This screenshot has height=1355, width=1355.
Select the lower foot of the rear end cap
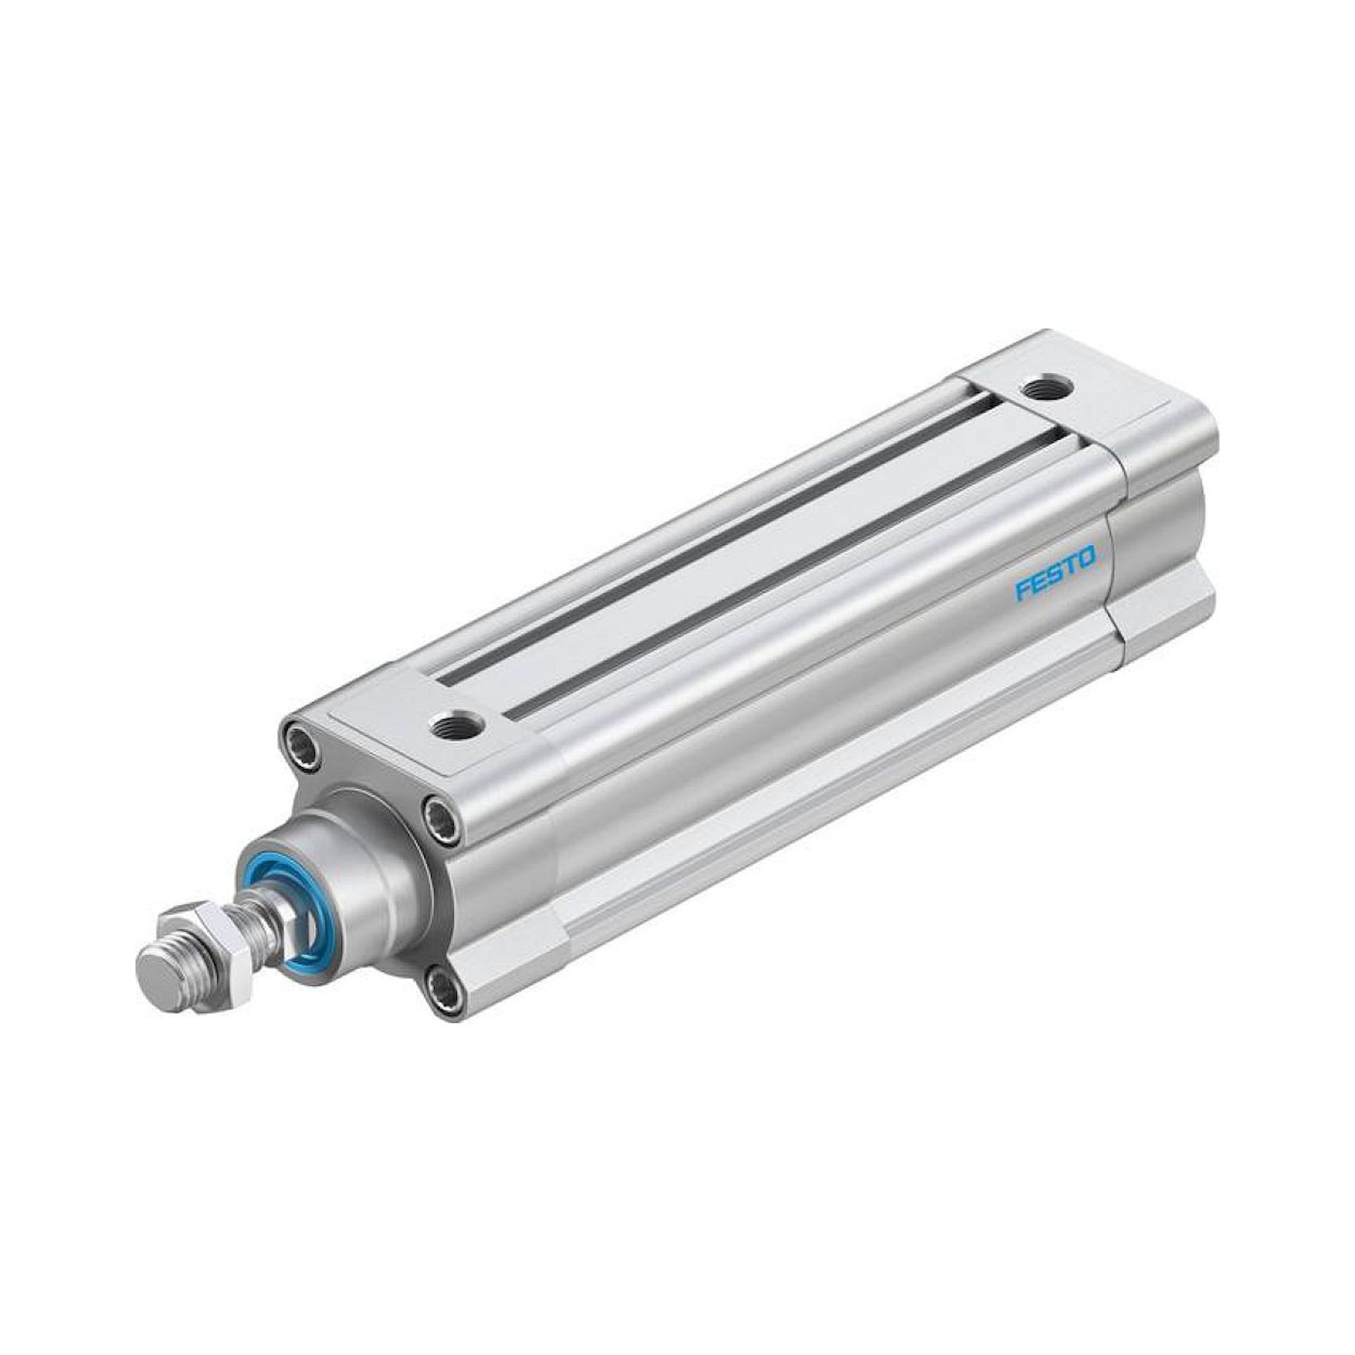click(x=1157, y=610)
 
